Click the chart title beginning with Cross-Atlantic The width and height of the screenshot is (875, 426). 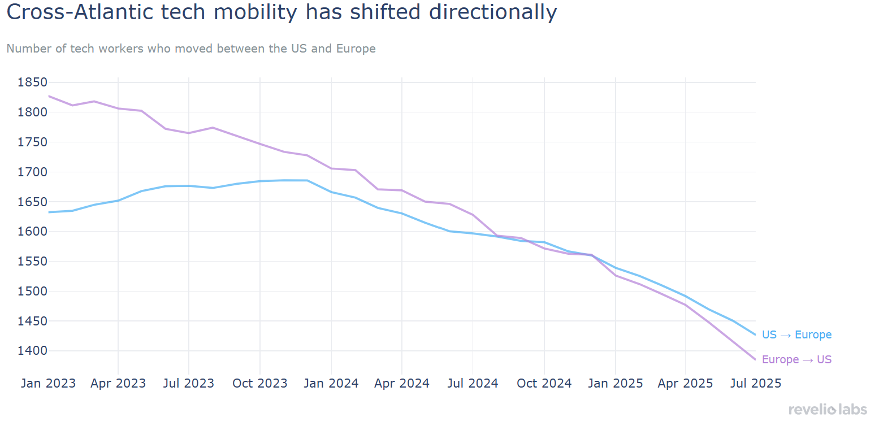(281, 12)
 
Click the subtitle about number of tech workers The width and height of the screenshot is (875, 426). (191, 49)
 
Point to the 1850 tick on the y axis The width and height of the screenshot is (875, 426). (32, 83)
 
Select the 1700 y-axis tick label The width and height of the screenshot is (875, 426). (32, 172)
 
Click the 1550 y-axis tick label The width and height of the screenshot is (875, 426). (32, 262)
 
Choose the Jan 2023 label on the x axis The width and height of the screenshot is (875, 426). (48, 384)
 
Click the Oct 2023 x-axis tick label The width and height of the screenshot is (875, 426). (260, 384)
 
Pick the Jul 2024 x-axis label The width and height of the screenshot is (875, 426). (473, 384)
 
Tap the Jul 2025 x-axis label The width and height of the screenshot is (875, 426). (755, 384)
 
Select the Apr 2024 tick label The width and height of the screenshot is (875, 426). (402, 384)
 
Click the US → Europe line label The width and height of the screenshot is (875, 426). (796, 335)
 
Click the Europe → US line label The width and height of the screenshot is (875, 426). (796, 360)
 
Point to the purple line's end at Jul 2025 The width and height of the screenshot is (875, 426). (755, 360)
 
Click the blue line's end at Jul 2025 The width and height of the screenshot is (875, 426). (755, 335)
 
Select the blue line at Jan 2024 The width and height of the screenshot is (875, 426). (331, 192)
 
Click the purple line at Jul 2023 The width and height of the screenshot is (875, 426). (189, 133)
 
